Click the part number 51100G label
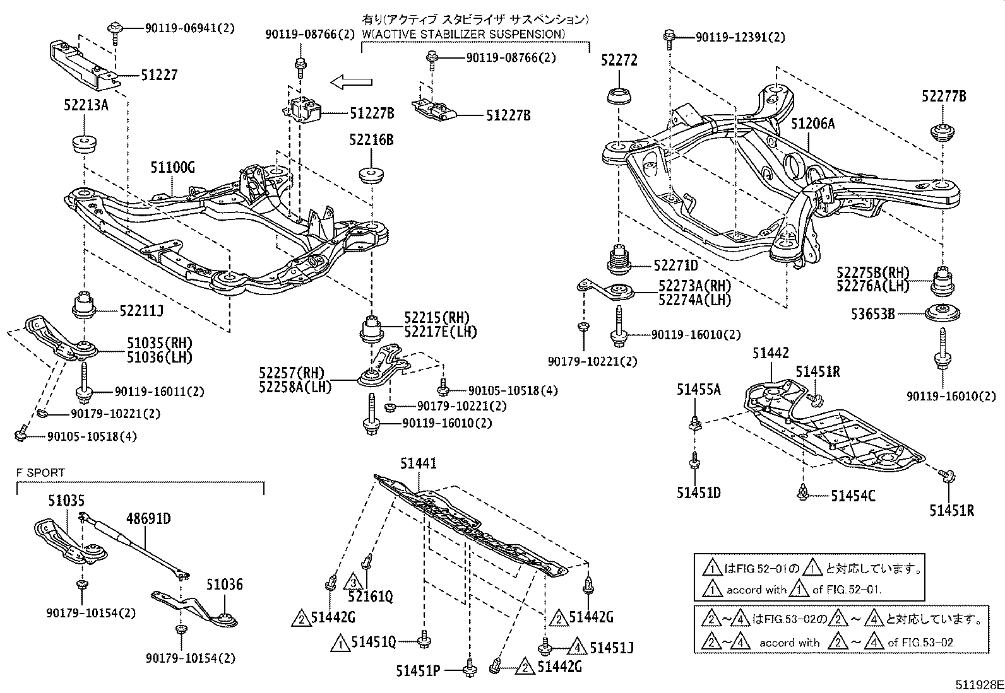pos(172,168)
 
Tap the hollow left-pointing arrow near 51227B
pos(352,81)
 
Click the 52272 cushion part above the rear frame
pos(619,98)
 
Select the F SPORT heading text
pos(40,472)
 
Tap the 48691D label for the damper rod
pos(148,520)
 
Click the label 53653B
pos(873,313)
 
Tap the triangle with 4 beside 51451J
pos(576,648)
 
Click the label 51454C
pos(853,496)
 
